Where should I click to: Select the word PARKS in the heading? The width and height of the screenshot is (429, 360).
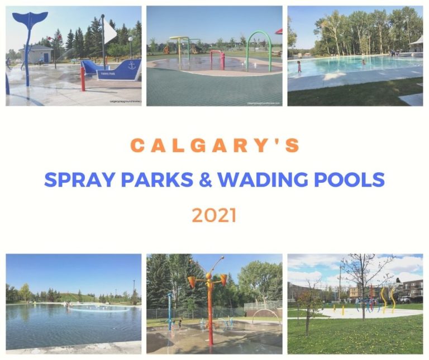point(155,179)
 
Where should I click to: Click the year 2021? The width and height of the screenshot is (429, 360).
point(214,215)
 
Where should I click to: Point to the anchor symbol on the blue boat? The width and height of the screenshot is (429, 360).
point(132,65)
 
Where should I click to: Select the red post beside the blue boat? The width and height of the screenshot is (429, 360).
point(83,78)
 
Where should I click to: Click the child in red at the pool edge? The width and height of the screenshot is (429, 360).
point(299,67)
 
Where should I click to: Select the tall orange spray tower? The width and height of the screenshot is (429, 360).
point(209,302)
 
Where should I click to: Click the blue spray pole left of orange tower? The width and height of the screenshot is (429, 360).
point(169,311)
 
